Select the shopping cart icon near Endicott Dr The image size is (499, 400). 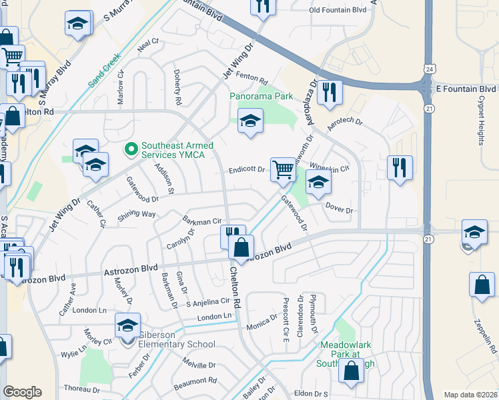point(283,169)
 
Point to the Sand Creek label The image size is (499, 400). point(105,71)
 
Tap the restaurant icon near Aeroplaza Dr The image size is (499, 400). point(329,92)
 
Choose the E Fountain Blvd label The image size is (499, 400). point(466,89)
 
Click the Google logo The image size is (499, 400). point(22,392)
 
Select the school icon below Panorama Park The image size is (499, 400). point(251,121)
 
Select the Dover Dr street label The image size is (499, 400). point(339,209)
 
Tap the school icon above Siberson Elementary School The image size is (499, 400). point(127,325)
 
